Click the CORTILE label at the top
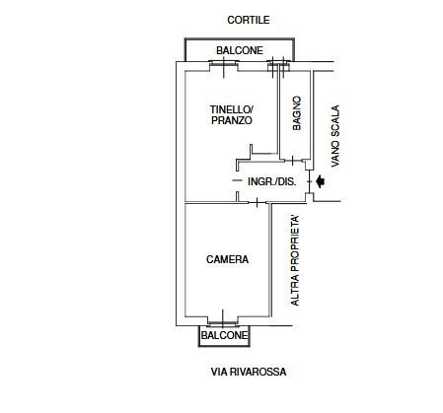249,20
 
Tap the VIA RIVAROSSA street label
249,372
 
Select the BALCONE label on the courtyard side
240,50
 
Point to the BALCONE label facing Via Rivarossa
224,335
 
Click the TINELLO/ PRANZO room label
232,114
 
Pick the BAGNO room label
297,113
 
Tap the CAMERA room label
227,259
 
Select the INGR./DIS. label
272,181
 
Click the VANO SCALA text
335,136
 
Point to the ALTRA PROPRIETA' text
295,260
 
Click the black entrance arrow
320,181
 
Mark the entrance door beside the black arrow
309,181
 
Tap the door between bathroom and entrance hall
293,161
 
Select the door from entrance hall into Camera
257,203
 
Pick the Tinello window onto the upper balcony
224,66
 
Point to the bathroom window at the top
279,67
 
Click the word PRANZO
232,120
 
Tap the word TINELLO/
232,109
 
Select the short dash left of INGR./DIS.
237,180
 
